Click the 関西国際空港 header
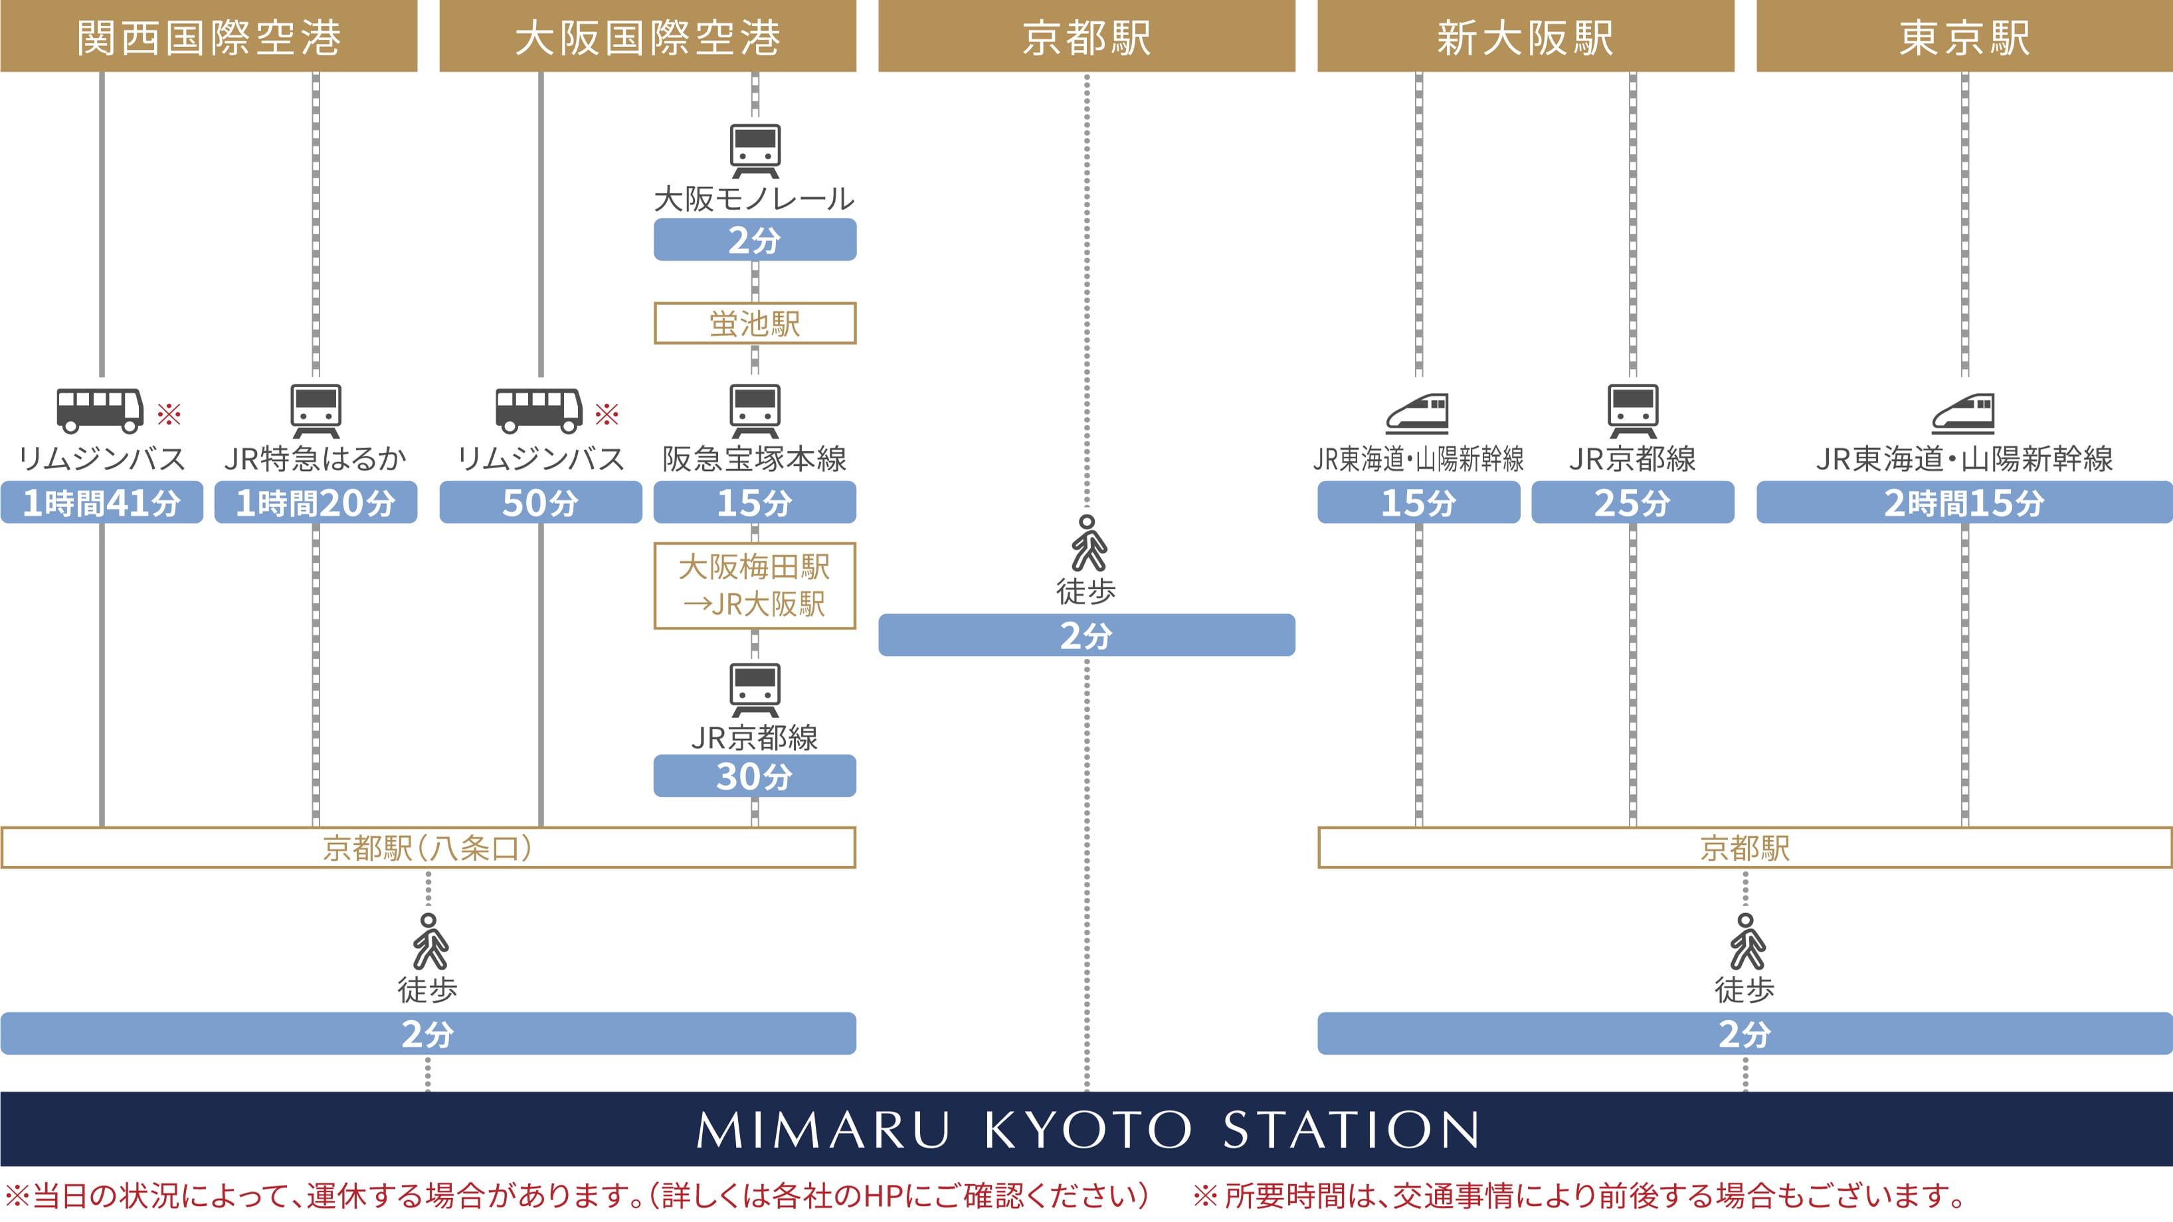(x=209, y=37)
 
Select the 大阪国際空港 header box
(x=647, y=37)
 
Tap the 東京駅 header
(x=1964, y=37)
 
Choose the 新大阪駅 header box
(x=1525, y=37)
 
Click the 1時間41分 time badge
(x=101, y=503)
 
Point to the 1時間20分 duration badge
(x=316, y=503)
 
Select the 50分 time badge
(x=540, y=503)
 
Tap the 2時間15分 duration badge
(x=1964, y=503)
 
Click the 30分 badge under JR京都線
(x=754, y=776)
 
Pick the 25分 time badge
(x=1632, y=503)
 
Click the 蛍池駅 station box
(x=754, y=323)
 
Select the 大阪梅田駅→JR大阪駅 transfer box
(x=754, y=585)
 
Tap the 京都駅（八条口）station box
(x=428, y=847)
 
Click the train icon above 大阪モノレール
(x=755, y=150)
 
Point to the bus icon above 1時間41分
(x=100, y=410)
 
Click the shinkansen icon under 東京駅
(x=1964, y=413)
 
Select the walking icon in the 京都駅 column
(x=1087, y=543)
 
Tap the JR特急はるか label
(x=316, y=459)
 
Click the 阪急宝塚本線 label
(x=754, y=459)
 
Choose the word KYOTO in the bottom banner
(x=1087, y=1129)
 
